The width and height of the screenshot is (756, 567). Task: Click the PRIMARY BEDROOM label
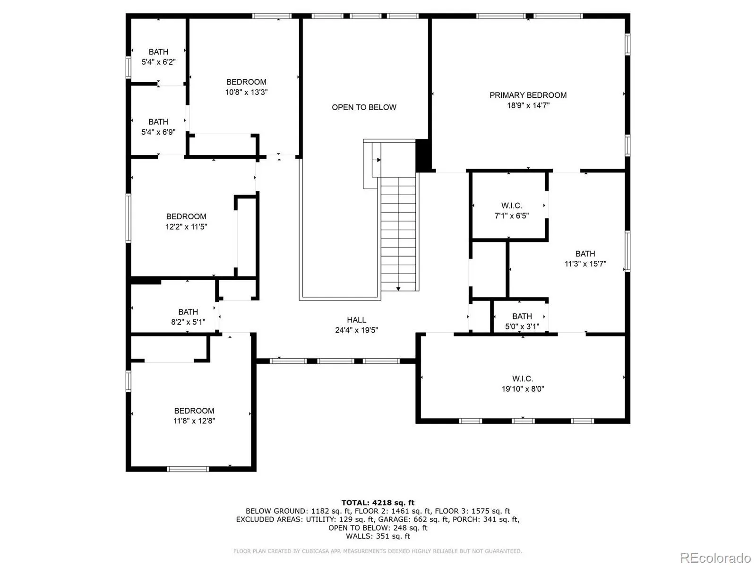528,95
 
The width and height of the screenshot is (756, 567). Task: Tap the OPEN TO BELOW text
364,107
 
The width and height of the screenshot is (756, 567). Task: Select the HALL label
356,320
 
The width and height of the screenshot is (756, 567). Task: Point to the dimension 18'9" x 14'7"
528,105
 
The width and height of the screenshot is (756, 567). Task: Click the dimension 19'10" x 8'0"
523,389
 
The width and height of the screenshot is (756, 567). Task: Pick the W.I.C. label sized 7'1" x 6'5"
511,206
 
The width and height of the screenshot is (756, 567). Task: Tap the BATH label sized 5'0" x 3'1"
522,316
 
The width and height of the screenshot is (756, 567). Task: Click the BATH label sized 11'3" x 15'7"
585,253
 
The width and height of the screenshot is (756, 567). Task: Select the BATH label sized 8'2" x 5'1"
188,311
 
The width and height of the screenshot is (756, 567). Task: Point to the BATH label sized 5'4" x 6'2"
158,52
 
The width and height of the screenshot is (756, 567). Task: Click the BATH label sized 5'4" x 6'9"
158,121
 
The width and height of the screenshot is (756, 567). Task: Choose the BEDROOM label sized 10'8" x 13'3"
246,82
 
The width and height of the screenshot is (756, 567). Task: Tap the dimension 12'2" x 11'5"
186,226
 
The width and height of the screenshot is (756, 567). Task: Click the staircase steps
398,234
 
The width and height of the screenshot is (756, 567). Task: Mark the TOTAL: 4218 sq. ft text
378,502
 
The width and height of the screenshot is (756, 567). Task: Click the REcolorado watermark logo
715,557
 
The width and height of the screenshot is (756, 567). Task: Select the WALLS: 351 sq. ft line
378,536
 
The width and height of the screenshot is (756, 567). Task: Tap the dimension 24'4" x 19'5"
356,330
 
